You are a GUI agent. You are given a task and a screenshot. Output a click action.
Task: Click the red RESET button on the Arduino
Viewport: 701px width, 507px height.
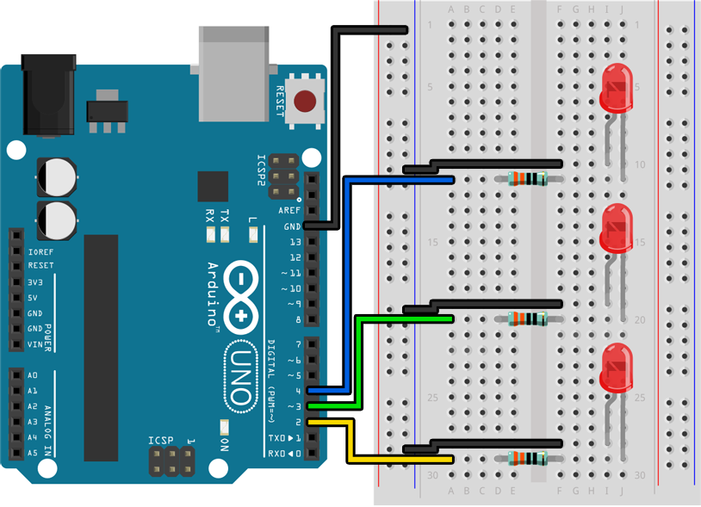pyautogui.click(x=304, y=102)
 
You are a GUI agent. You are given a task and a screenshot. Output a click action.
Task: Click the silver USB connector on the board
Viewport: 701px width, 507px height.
pyautogui.click(x=234, y=73)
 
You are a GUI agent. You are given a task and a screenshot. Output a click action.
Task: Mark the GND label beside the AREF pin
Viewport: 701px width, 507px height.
pyautogui.click(x=293, y=226)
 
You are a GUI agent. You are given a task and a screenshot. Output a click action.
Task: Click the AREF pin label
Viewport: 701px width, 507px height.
pyautogui.click(x=290, y=211)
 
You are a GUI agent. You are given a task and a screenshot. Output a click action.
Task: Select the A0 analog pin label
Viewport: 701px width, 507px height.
pyautogui.click(x=33, y=375)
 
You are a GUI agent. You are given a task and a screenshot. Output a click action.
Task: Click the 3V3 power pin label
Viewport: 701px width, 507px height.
pyautogui.click(x=35, y=282)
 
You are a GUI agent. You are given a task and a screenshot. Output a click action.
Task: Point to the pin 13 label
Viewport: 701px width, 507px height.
pyautogui.click(x=295, y=242)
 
